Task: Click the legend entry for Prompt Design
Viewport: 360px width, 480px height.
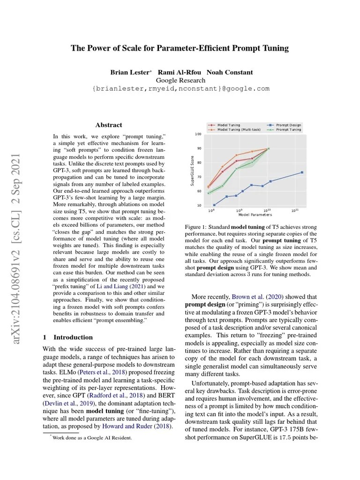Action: [x=287, y=125]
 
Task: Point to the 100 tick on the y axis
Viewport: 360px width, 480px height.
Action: [x=198, y=134]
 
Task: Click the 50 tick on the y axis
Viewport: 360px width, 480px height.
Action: [x=198, y=205]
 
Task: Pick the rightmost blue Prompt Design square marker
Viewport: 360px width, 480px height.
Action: [x=302, y=172]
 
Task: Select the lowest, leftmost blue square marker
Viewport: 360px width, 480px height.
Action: [x=214, y=205]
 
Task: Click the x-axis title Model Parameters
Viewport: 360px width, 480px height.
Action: [x=255, y=215]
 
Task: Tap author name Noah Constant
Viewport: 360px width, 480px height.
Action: [x=230, y=72]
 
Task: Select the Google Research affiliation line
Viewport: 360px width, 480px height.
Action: [x=180, y=80]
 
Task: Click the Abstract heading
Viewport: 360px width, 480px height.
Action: [x=109, y=125]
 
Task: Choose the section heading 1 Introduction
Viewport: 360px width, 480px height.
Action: [x=67, y=337]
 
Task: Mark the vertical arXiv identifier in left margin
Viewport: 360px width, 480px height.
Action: [x=21, y=248]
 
